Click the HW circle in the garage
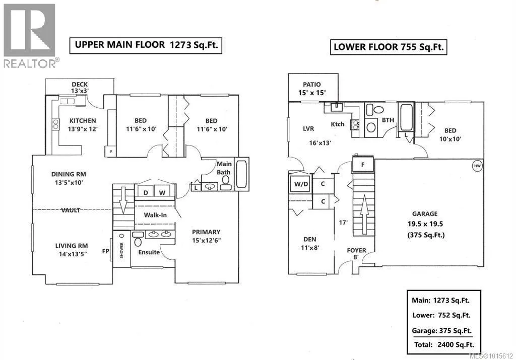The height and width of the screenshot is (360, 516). [477, 166]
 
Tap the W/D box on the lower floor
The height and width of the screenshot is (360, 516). [301, 184]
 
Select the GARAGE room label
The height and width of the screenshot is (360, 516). [425, 213]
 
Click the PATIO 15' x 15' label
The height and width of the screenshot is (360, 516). [311, 89]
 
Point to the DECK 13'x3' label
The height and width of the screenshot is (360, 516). [80, 88]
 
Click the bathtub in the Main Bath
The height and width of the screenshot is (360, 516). [242, 174]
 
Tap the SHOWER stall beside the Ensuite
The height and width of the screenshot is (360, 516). [121, 249]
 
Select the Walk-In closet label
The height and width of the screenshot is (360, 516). [155, 215]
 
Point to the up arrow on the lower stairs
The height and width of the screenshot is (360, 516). [364, 214]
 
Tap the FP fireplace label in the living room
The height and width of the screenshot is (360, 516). [105, 251]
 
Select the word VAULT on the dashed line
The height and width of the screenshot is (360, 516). [71, 210]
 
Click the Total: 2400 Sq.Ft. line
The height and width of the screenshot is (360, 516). [444, 344]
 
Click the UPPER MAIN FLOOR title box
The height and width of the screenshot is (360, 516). [146, 45]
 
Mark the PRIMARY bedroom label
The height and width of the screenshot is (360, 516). [206, 236]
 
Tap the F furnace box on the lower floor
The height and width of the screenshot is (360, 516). [363, 164]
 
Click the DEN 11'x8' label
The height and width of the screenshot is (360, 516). [310, 243]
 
